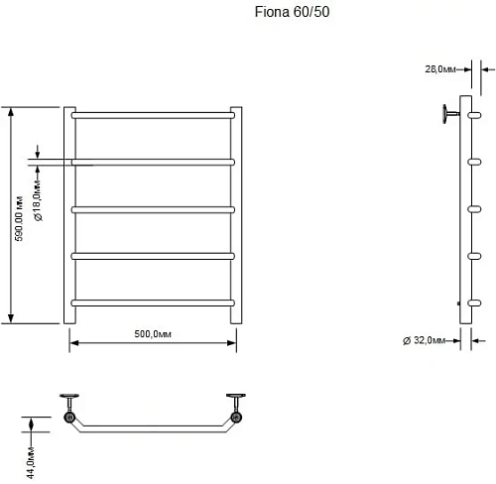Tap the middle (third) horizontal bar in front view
(x=153, y=209)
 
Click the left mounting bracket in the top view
(x=70, y=409)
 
